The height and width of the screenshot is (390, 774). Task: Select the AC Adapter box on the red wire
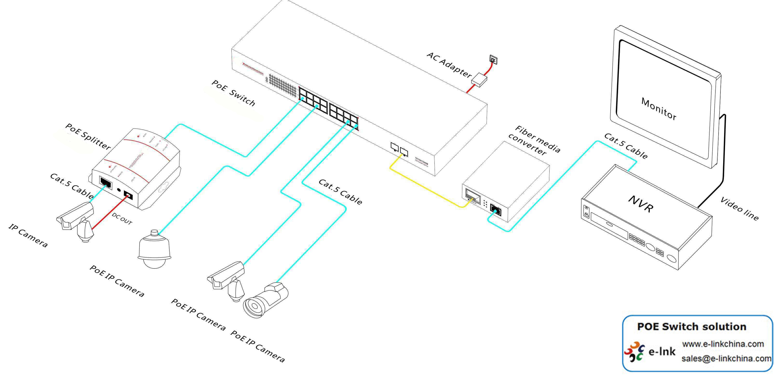click(x=479, y=80)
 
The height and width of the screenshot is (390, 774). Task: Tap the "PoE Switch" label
click(x=233, y=93)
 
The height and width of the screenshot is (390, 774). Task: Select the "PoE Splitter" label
click(x=88, y=136)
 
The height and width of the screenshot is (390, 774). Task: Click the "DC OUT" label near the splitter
click(x=122, y=218)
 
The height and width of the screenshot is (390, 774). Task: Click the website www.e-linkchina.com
click(x=723, y=344)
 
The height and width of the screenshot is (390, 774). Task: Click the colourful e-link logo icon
click(x=634, y=351)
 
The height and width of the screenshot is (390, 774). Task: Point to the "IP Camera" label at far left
click(x=28, y=236)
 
